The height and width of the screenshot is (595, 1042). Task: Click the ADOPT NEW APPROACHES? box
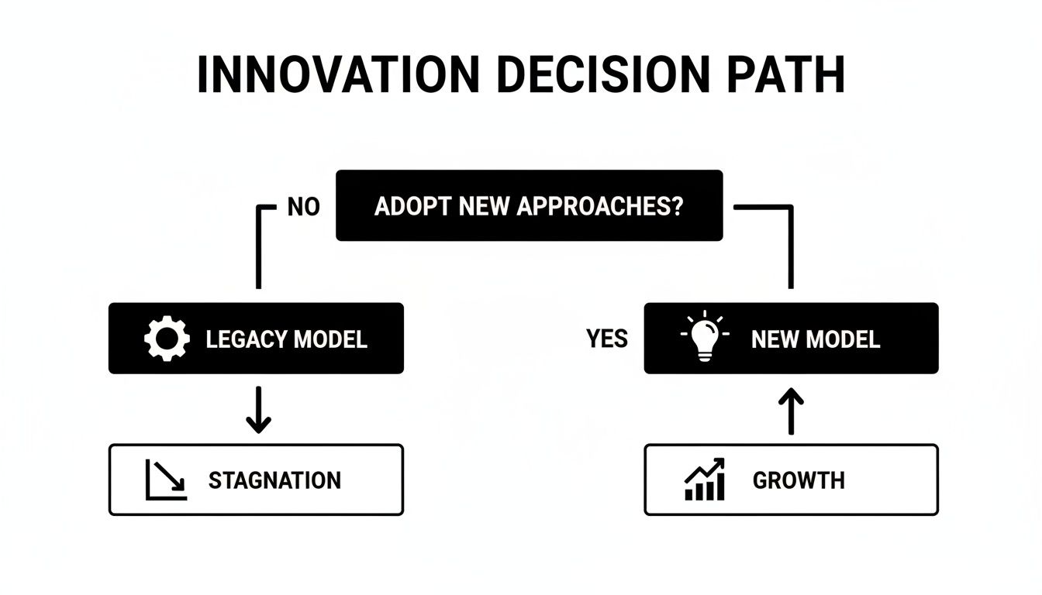click(529, 206)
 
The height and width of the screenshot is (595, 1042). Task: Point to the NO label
click(303, 208)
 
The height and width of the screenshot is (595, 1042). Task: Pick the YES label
click(607, 339)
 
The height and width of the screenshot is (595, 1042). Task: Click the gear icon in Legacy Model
click(167, 339)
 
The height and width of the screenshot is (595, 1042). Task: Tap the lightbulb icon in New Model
click(704, 338)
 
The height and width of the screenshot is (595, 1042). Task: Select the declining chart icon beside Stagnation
click(166, 480)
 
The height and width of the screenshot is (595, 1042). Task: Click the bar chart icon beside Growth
click(705, 480)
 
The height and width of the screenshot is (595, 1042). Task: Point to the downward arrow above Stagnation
click(258, 411)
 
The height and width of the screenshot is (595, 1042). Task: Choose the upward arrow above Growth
click(792, 411)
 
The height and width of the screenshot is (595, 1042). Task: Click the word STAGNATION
click(274, 480)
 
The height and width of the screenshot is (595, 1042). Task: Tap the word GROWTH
click(799, 480)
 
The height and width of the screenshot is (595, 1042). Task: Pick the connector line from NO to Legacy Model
click(258, 248)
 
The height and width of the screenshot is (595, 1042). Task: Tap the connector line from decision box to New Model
click(792, 248)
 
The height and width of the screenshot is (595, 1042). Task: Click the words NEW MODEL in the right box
click(816, 339)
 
